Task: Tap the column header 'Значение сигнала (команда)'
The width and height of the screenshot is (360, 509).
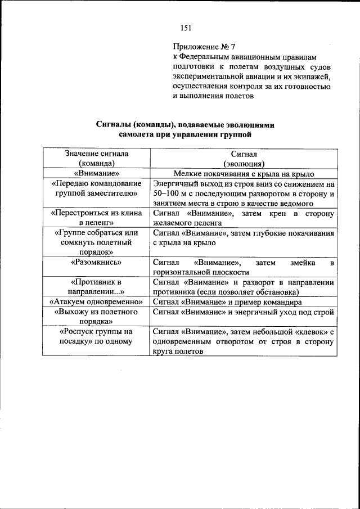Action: click(97, 158)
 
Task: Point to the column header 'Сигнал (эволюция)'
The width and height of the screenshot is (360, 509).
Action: click(244, 158)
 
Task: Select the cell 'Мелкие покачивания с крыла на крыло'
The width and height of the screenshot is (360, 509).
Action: click(244, 174)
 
